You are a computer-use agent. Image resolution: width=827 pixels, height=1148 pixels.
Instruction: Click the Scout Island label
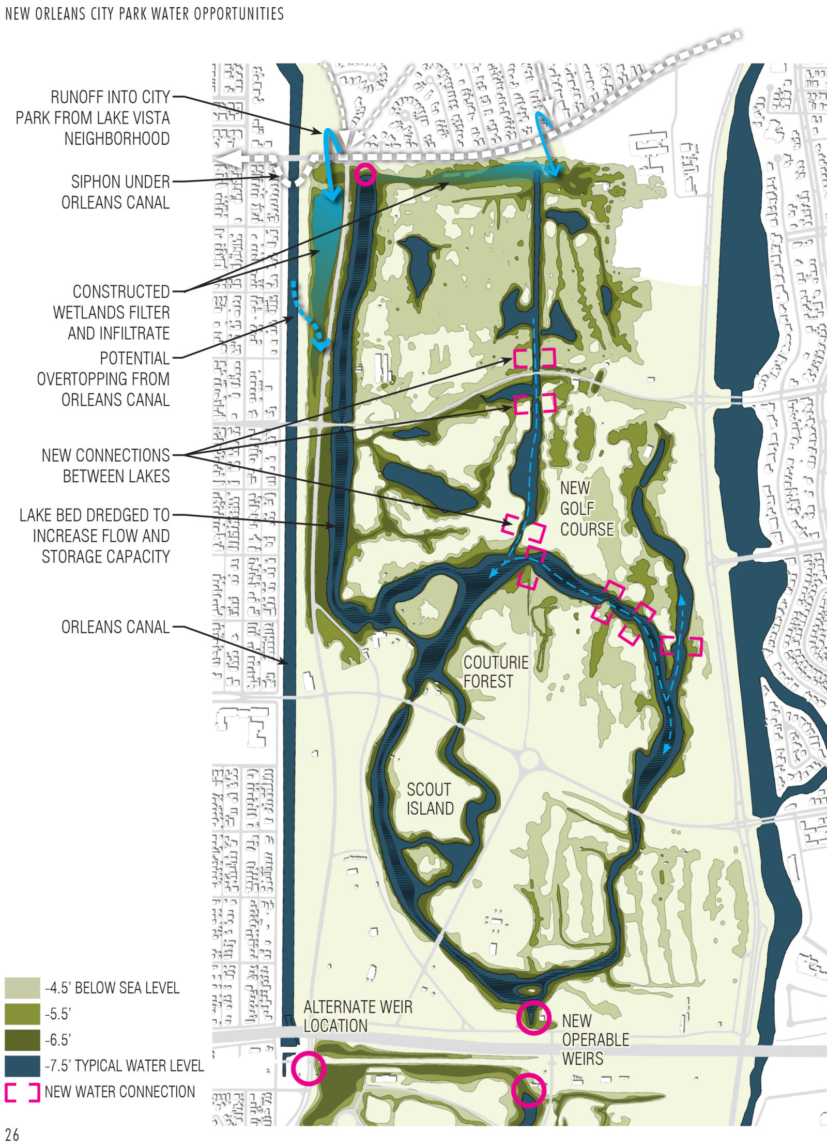click(x=430, y=799)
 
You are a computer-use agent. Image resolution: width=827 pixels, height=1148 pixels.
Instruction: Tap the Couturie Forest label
click(x=495, y=671)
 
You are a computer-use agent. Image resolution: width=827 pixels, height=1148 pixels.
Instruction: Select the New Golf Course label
click(x=587, y=509)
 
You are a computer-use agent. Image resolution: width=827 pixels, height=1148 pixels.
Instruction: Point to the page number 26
click(x=12, y=1135)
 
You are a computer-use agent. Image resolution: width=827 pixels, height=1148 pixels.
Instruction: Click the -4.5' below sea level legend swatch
click(x=22, y=988)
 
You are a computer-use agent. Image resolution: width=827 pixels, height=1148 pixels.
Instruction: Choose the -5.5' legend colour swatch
click(x=22, y=1014)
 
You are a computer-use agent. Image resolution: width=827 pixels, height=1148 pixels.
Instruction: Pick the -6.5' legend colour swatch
click(x=22, y=1039)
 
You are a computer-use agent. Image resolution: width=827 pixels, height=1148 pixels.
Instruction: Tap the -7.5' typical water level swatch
click(x=22, y=1066)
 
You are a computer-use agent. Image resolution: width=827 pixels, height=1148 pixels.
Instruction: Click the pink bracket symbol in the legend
click(x=22, y=1092)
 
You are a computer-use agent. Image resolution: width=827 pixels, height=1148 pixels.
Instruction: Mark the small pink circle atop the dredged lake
click(x=365, y=174)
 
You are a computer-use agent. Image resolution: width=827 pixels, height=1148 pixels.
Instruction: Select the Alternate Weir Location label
click(x=358, y=1016)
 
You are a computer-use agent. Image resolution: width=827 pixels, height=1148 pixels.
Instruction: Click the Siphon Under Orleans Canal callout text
click(x=115, y=192)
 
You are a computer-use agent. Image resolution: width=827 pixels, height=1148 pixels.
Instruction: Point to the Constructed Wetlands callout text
click(x=111, y=312)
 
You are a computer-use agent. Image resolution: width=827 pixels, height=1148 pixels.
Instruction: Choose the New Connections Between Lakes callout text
click(x=106, y=465)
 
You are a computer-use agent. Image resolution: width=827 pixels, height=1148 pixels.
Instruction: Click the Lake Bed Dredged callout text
click(x=95, y=535)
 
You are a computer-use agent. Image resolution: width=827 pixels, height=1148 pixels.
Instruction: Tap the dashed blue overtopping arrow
click(x=308, y=315)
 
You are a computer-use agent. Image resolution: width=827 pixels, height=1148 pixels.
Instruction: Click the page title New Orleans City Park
click(x=144, y=13)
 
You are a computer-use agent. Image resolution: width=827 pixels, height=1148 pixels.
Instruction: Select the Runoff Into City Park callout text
click(x=93, y=118)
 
